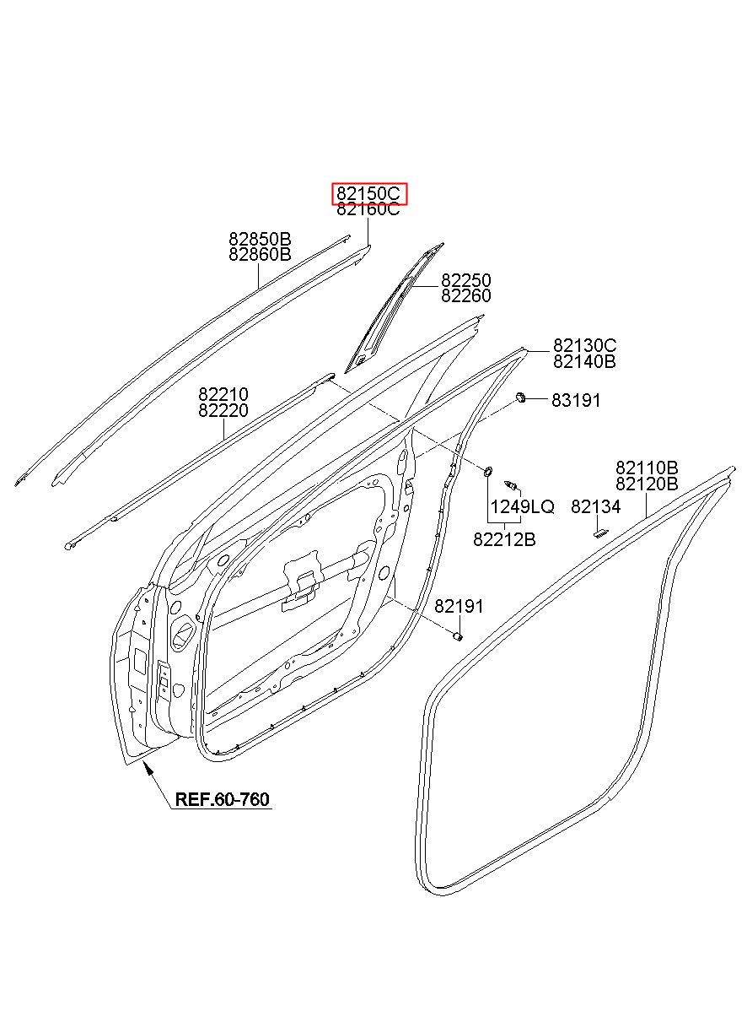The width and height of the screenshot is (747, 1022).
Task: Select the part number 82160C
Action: click(x=368, y=209)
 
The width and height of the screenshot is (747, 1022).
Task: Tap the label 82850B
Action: click(x=260, y=239)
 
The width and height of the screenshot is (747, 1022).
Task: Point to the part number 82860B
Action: click(x=260, y=254)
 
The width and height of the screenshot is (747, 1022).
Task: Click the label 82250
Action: click(x=465, y=280)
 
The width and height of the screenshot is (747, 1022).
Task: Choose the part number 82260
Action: click(x=465, y=295)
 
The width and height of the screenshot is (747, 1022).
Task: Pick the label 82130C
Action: click(x=585, y=346)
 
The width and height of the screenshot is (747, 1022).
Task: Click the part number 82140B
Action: click(x=585, y=361)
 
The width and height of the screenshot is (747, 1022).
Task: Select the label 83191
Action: click(x=576, y=401)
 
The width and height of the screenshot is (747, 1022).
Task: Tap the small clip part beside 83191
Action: click(x=520, y=397)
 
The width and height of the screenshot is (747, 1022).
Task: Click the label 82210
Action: click(x=223, y=394)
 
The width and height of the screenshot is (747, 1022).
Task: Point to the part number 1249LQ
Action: click(x=522, y=506)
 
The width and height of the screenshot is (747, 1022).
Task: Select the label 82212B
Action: click(x=504, y=540)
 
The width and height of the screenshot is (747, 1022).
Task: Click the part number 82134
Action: click(x=596, y=506)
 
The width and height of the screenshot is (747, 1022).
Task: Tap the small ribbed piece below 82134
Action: click(x=601, y=534)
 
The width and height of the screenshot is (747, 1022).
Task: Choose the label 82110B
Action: click(x=648, y=468)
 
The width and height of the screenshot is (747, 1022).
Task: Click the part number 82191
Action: click(x=459, y=606)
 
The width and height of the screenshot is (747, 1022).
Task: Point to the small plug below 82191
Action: click(x=458, y=636)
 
